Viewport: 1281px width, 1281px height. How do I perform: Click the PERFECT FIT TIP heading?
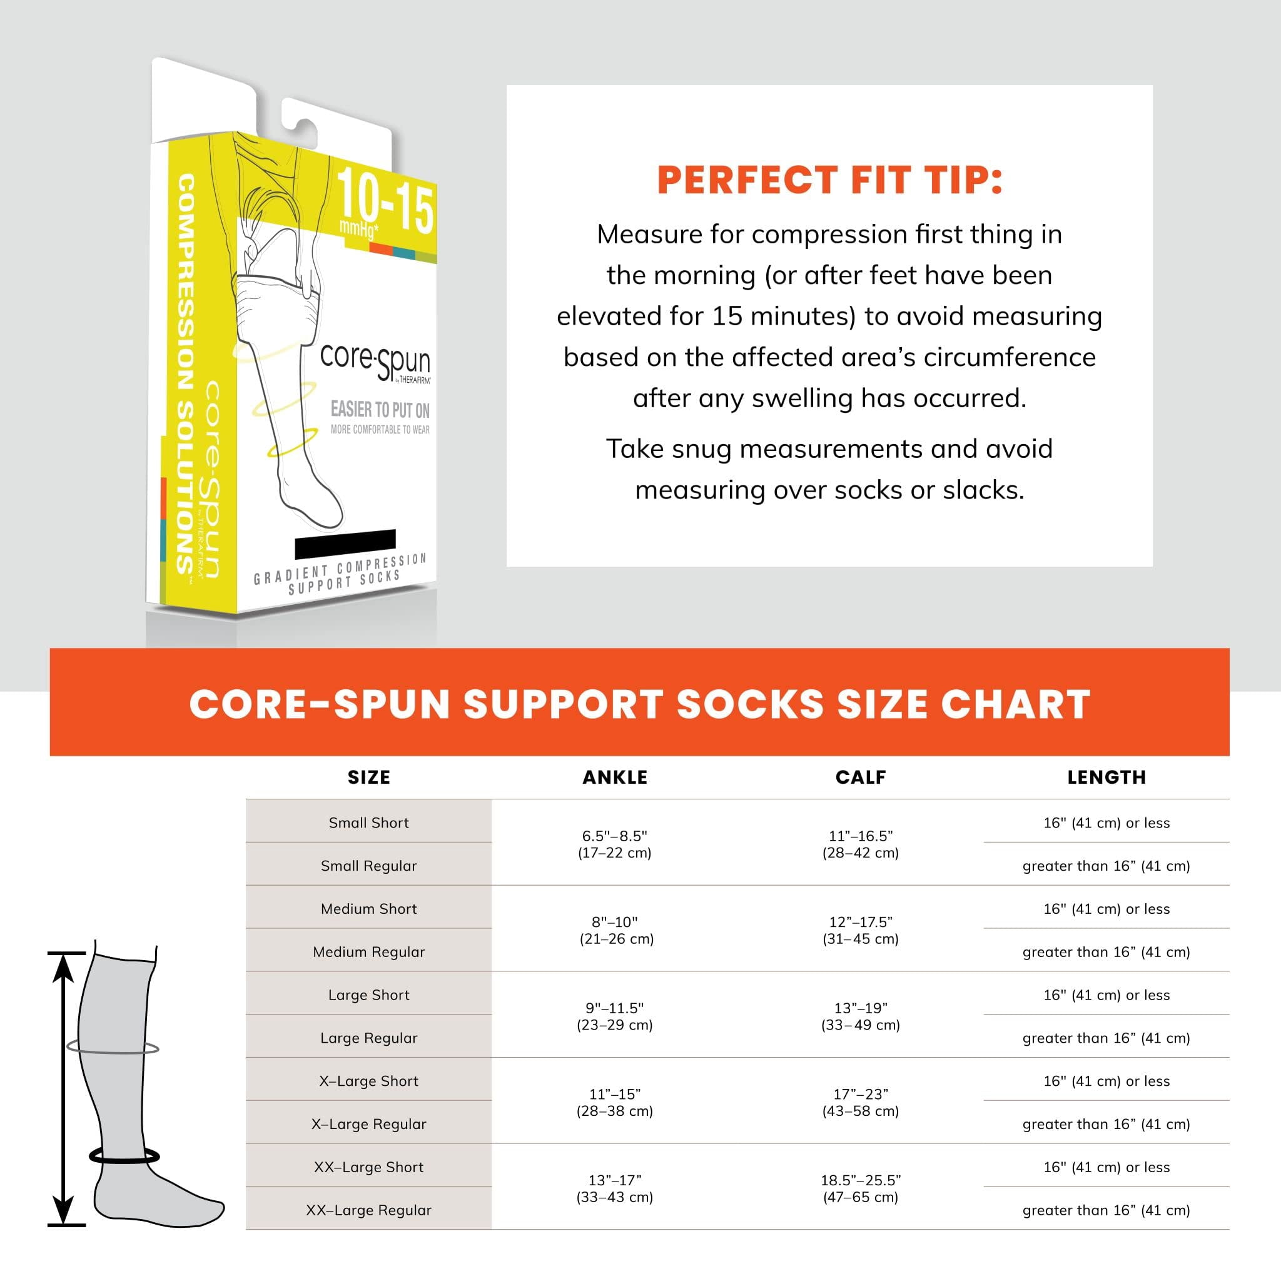point(829,180)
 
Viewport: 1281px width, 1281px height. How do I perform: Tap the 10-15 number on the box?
point(385,200)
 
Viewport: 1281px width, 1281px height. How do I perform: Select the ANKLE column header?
point(615,777)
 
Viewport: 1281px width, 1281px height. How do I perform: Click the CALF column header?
point(861,777)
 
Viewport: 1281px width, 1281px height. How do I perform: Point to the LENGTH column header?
point(1106,777)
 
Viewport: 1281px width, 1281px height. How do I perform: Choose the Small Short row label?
point(368,823)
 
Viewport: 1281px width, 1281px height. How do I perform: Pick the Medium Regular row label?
point(368,952)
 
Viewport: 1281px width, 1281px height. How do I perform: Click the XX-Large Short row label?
point(368,1167)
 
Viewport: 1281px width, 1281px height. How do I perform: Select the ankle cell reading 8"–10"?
point(615,930)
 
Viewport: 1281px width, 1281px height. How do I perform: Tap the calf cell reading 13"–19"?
point(861,1016)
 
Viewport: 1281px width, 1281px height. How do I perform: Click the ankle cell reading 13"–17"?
point(615,1189)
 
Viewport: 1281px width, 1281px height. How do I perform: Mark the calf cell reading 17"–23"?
point(861,1103)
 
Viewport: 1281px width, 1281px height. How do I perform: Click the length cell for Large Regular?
point(1106,1038)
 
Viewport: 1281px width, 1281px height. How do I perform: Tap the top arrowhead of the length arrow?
point(63,965)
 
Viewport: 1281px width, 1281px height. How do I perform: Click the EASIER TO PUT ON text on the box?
point(380,410)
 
